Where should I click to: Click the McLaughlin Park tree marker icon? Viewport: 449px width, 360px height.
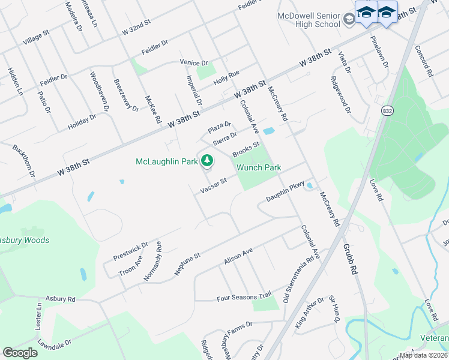pyautogui.click(x=207, y=160)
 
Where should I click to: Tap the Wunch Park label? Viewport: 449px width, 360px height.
pyautogui.click(x=259, y=168)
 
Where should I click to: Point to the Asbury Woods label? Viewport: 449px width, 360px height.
pyautogui.click(x=25, y=240)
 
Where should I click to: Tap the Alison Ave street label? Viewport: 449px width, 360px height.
pyautogui.click(x=238, y=258)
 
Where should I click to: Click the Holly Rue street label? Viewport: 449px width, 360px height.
pyautogui.click(x=226, y=78)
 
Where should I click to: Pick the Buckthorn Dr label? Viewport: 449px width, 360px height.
pyautogui.click(x=25, y=161)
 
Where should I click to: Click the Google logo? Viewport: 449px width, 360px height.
pyautogui.click(x=20, y=352)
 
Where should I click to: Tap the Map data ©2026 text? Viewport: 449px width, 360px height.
pyautogui.click(x=423, y=355)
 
